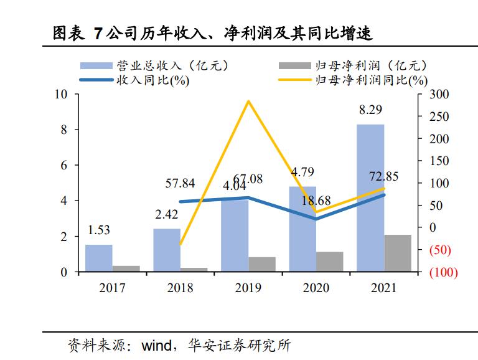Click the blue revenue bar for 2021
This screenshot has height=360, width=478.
370,198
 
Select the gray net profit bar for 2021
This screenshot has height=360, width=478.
398,253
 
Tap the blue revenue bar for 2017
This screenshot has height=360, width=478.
99,258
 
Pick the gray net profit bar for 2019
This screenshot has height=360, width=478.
262,264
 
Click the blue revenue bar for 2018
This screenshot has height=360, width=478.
167,250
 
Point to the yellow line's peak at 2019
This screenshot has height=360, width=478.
249,102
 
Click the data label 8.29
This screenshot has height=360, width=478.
370,110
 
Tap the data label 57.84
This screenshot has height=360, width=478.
180,183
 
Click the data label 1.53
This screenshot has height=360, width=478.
98,230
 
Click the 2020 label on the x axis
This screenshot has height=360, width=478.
316,288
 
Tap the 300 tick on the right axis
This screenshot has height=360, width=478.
438,94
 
